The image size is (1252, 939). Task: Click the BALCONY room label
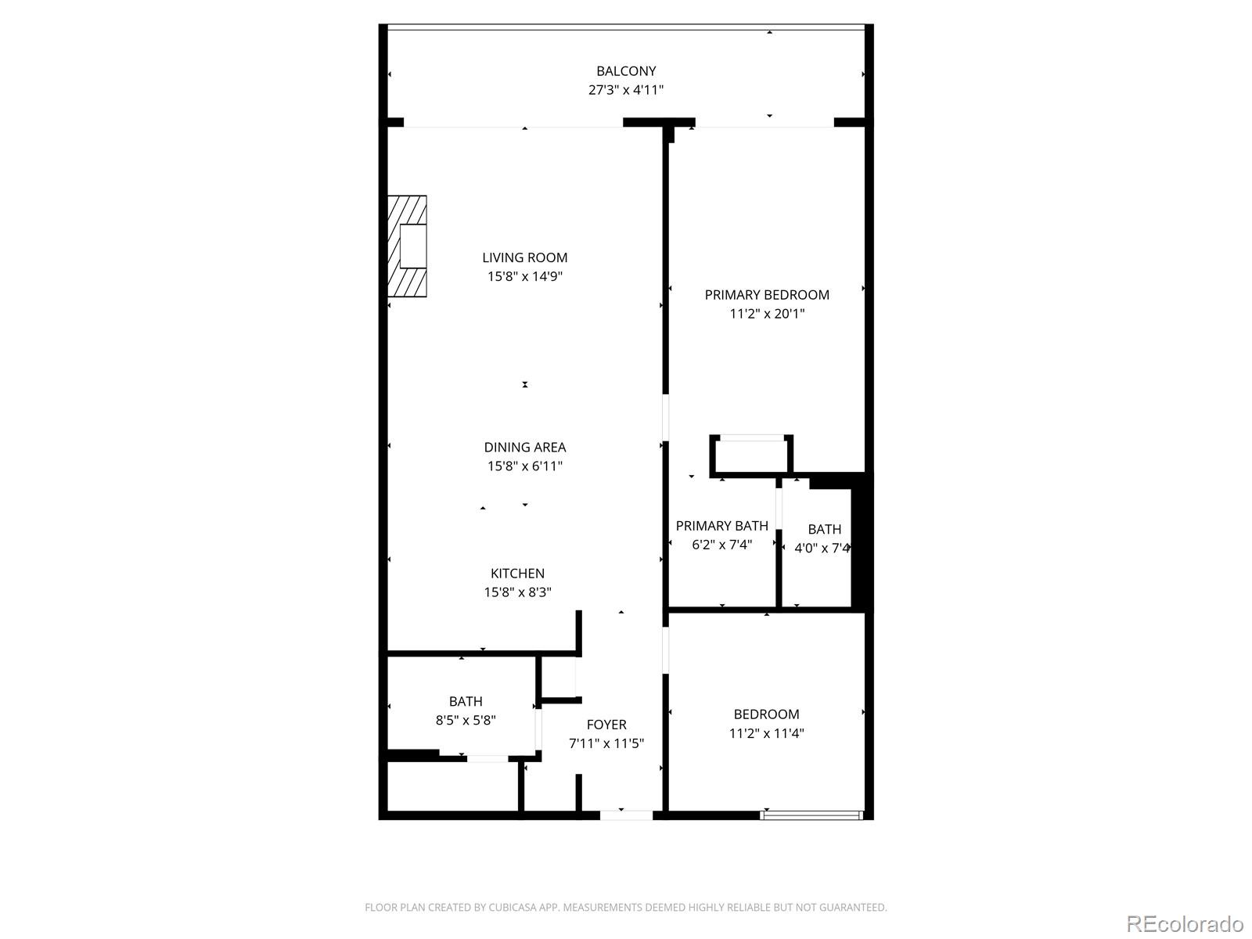click(626, 71)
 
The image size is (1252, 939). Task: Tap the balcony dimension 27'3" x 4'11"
click(626, 90)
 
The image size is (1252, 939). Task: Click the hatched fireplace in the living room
click(407, 246)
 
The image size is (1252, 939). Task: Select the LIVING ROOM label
click(524, 257)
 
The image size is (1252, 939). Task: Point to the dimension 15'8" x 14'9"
click(524, 276)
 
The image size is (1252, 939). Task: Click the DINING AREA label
click(524, 448)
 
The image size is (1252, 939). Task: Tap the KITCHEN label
click(517, 574)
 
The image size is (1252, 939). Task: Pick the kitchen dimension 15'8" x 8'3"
click(517, 592)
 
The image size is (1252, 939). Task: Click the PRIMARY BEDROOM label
click(767, 295)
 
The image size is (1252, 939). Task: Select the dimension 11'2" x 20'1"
click(767, 314)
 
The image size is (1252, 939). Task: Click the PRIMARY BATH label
click(721, 526)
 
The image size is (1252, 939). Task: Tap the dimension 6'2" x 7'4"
click(721, 545)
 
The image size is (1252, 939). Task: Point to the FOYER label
click(606, 725)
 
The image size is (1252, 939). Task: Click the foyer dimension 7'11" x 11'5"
click(606, 743)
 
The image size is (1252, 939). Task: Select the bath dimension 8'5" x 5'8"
click(466, 720)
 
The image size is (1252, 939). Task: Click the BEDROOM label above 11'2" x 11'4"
click(766, 714)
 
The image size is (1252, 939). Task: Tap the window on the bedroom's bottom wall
click(811, 815)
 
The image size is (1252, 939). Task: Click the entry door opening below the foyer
click(626, 815)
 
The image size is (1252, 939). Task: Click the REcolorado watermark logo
click(1185, 923)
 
